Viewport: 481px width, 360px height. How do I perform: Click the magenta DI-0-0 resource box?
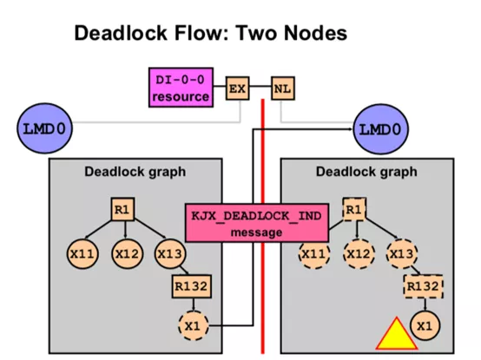181,88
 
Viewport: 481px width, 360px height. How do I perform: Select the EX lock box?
238,88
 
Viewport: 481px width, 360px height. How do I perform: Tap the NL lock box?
283,88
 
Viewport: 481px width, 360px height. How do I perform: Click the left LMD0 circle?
45,128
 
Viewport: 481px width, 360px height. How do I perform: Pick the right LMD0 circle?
381,129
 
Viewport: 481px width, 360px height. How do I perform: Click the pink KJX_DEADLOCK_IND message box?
257,223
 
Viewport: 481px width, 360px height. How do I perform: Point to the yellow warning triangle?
397,334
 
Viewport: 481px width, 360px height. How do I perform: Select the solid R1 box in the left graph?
122,209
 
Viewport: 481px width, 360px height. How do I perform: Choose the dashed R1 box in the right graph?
354,209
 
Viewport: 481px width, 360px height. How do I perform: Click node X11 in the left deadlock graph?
82,253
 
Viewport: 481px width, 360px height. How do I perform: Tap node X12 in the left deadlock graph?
128,253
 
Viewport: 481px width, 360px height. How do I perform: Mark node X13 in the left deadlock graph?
170,253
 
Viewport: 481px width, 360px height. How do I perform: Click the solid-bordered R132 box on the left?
192,286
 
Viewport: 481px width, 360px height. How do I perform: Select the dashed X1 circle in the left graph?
194,325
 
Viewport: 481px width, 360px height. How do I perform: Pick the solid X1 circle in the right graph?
425,325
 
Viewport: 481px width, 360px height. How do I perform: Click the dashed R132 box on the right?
424,286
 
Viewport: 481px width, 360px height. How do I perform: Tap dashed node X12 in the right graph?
359,253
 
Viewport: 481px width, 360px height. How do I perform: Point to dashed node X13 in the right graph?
402,253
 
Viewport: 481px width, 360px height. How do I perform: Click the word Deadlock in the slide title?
121,33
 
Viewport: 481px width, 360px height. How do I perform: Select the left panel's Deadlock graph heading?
135,172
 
